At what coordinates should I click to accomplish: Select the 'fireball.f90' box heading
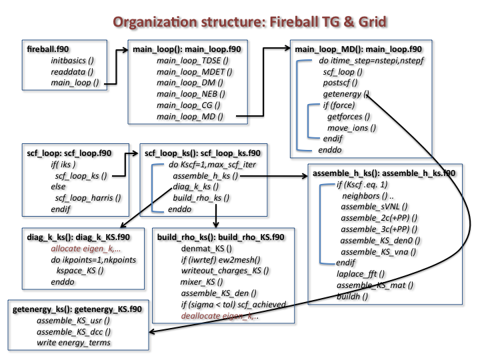[x=48, y=50]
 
